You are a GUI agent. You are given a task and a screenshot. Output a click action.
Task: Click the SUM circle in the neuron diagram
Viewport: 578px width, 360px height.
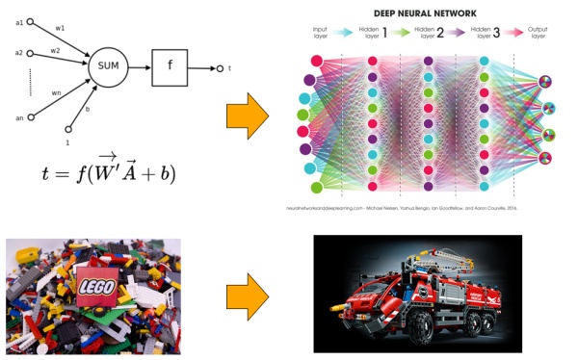pyautogui.click(x=107, y=67)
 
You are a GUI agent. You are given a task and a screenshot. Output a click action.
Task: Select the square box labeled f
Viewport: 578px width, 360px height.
pyautogui.click(x=169, y=67)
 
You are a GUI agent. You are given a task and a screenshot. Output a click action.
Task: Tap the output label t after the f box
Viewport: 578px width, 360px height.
pyautogui.click(x=230, y=68)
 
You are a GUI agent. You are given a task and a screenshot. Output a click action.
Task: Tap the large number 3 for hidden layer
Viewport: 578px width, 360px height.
pyautogui.click(x=508, y=34)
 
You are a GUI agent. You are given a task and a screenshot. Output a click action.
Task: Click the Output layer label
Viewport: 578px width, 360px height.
pyautogui.click(x=544, y=34)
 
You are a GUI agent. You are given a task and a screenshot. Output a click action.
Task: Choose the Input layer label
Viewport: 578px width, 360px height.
pyautogui.click(x=321, y=34)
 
